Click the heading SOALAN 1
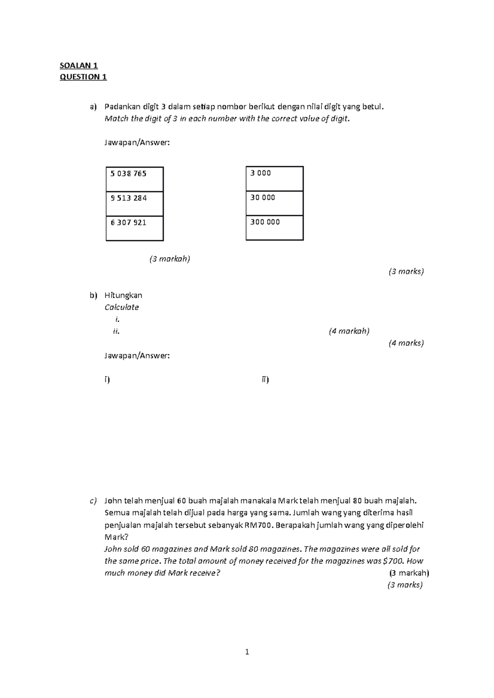click(79, 65)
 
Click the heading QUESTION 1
click(83, 77)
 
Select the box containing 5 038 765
click(135, 179)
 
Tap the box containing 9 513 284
click(135, 203)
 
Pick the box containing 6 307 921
click(135, 228)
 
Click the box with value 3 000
click(275, 178)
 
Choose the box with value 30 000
click(275, 203)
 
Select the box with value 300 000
click(275, 228)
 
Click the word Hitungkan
click(123, 295)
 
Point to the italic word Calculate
click(121, 307)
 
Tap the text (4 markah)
click(349, 331)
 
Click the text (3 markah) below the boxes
click(170, 259)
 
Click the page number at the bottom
click(247, 652)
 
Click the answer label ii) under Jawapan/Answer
click(265, 379)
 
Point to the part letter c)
click(93, 501)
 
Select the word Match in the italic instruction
click(114, 119)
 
